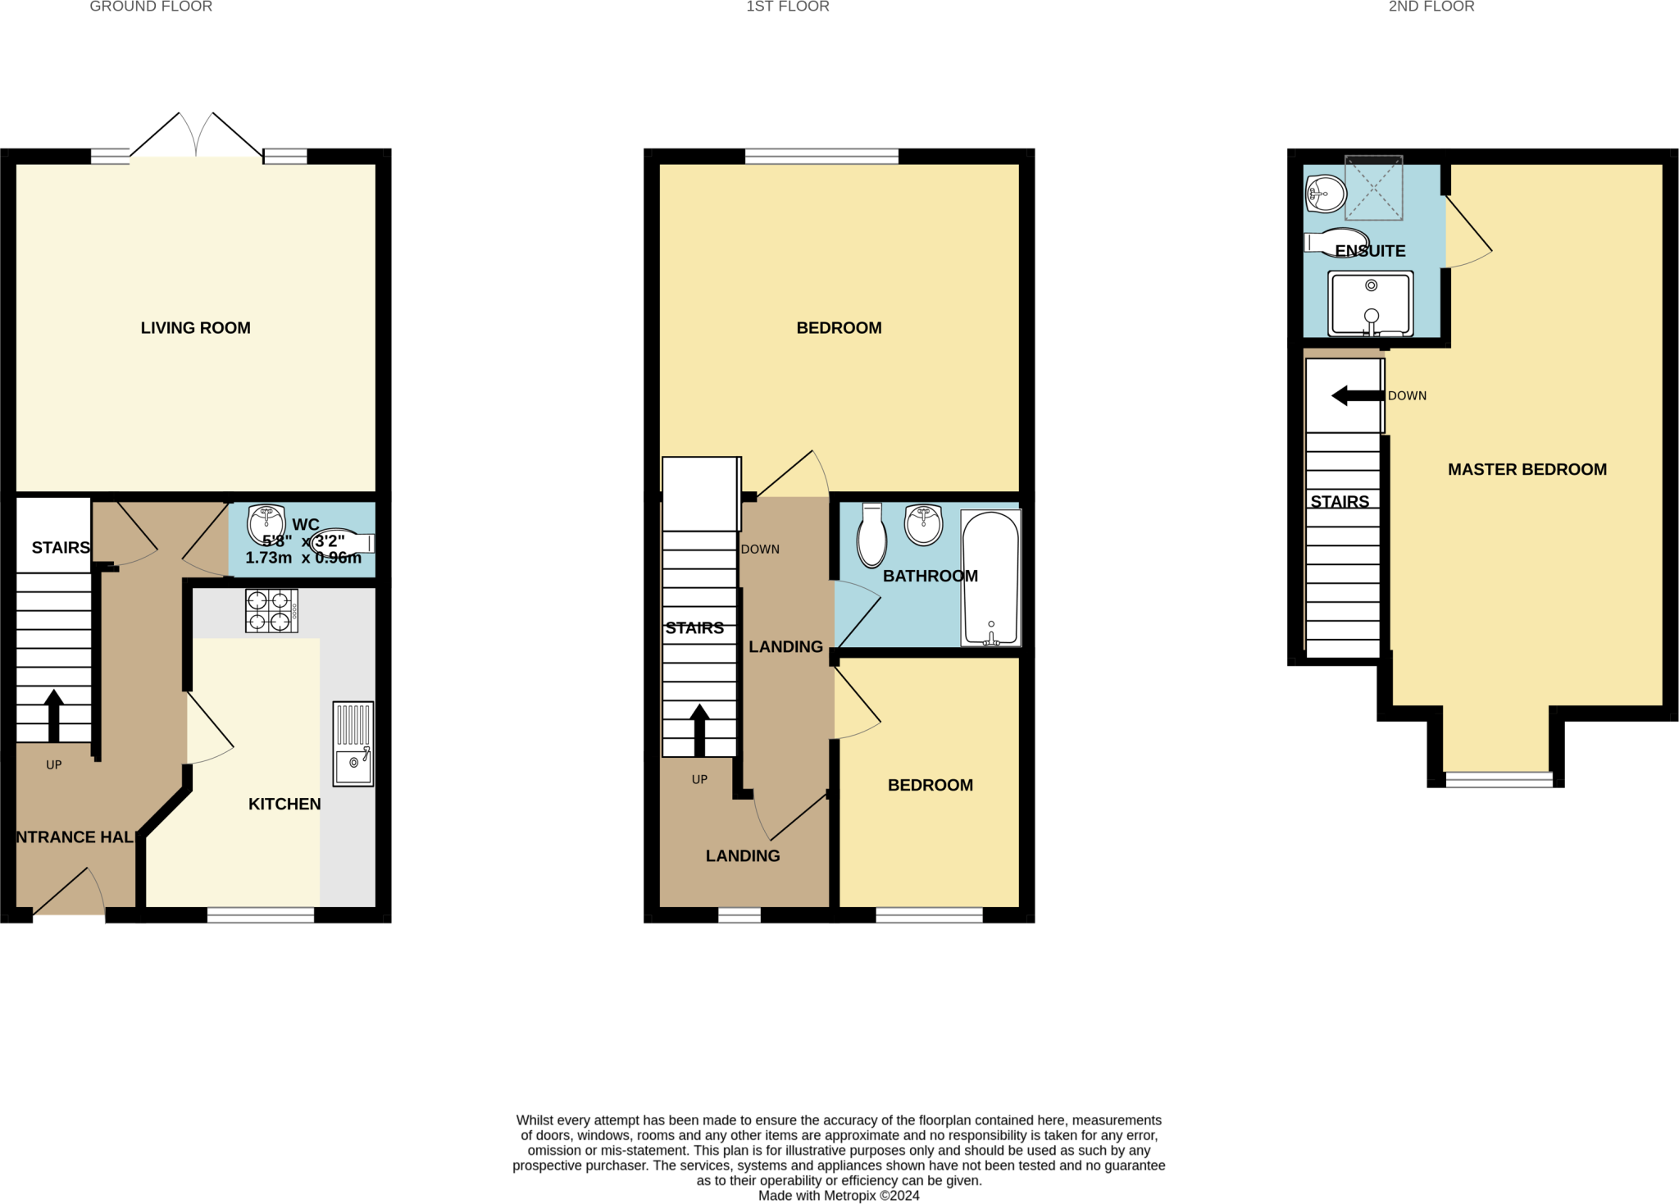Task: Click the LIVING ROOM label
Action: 195,328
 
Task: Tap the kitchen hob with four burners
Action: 271,611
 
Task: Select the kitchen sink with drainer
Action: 353,744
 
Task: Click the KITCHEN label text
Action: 284,804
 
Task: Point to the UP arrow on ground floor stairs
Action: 54,715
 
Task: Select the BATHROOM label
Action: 930,576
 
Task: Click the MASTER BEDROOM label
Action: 1527,470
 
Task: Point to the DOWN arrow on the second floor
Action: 1358,396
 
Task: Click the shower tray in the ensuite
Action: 1372,303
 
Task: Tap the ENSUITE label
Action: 1370,251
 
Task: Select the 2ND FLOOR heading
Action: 1431,7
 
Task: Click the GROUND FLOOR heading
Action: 151,7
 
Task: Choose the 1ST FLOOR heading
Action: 787,7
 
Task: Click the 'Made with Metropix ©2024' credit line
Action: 839,1196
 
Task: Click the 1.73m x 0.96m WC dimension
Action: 303,558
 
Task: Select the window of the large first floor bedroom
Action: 821,156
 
